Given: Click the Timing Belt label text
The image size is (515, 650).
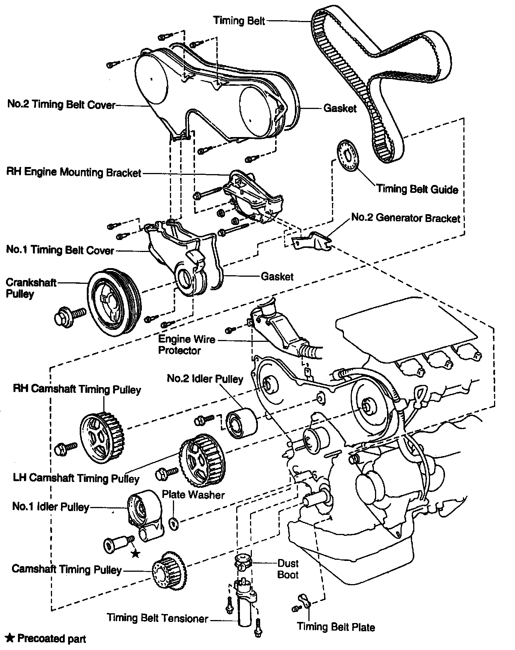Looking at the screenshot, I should pos(239,20).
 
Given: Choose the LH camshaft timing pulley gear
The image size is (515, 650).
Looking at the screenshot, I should pos(201,459).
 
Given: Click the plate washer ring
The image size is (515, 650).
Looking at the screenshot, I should pos(174,523).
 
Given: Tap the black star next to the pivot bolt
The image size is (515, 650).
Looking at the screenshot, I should pos(135,553).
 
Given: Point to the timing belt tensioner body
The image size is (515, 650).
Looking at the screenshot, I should pos(245,605).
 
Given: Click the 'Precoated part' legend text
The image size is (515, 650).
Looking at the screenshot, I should pos(51,638).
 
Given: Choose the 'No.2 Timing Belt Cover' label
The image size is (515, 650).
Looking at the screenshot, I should pos(61,104).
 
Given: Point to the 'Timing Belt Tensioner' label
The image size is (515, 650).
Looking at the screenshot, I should pos(157,618).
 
